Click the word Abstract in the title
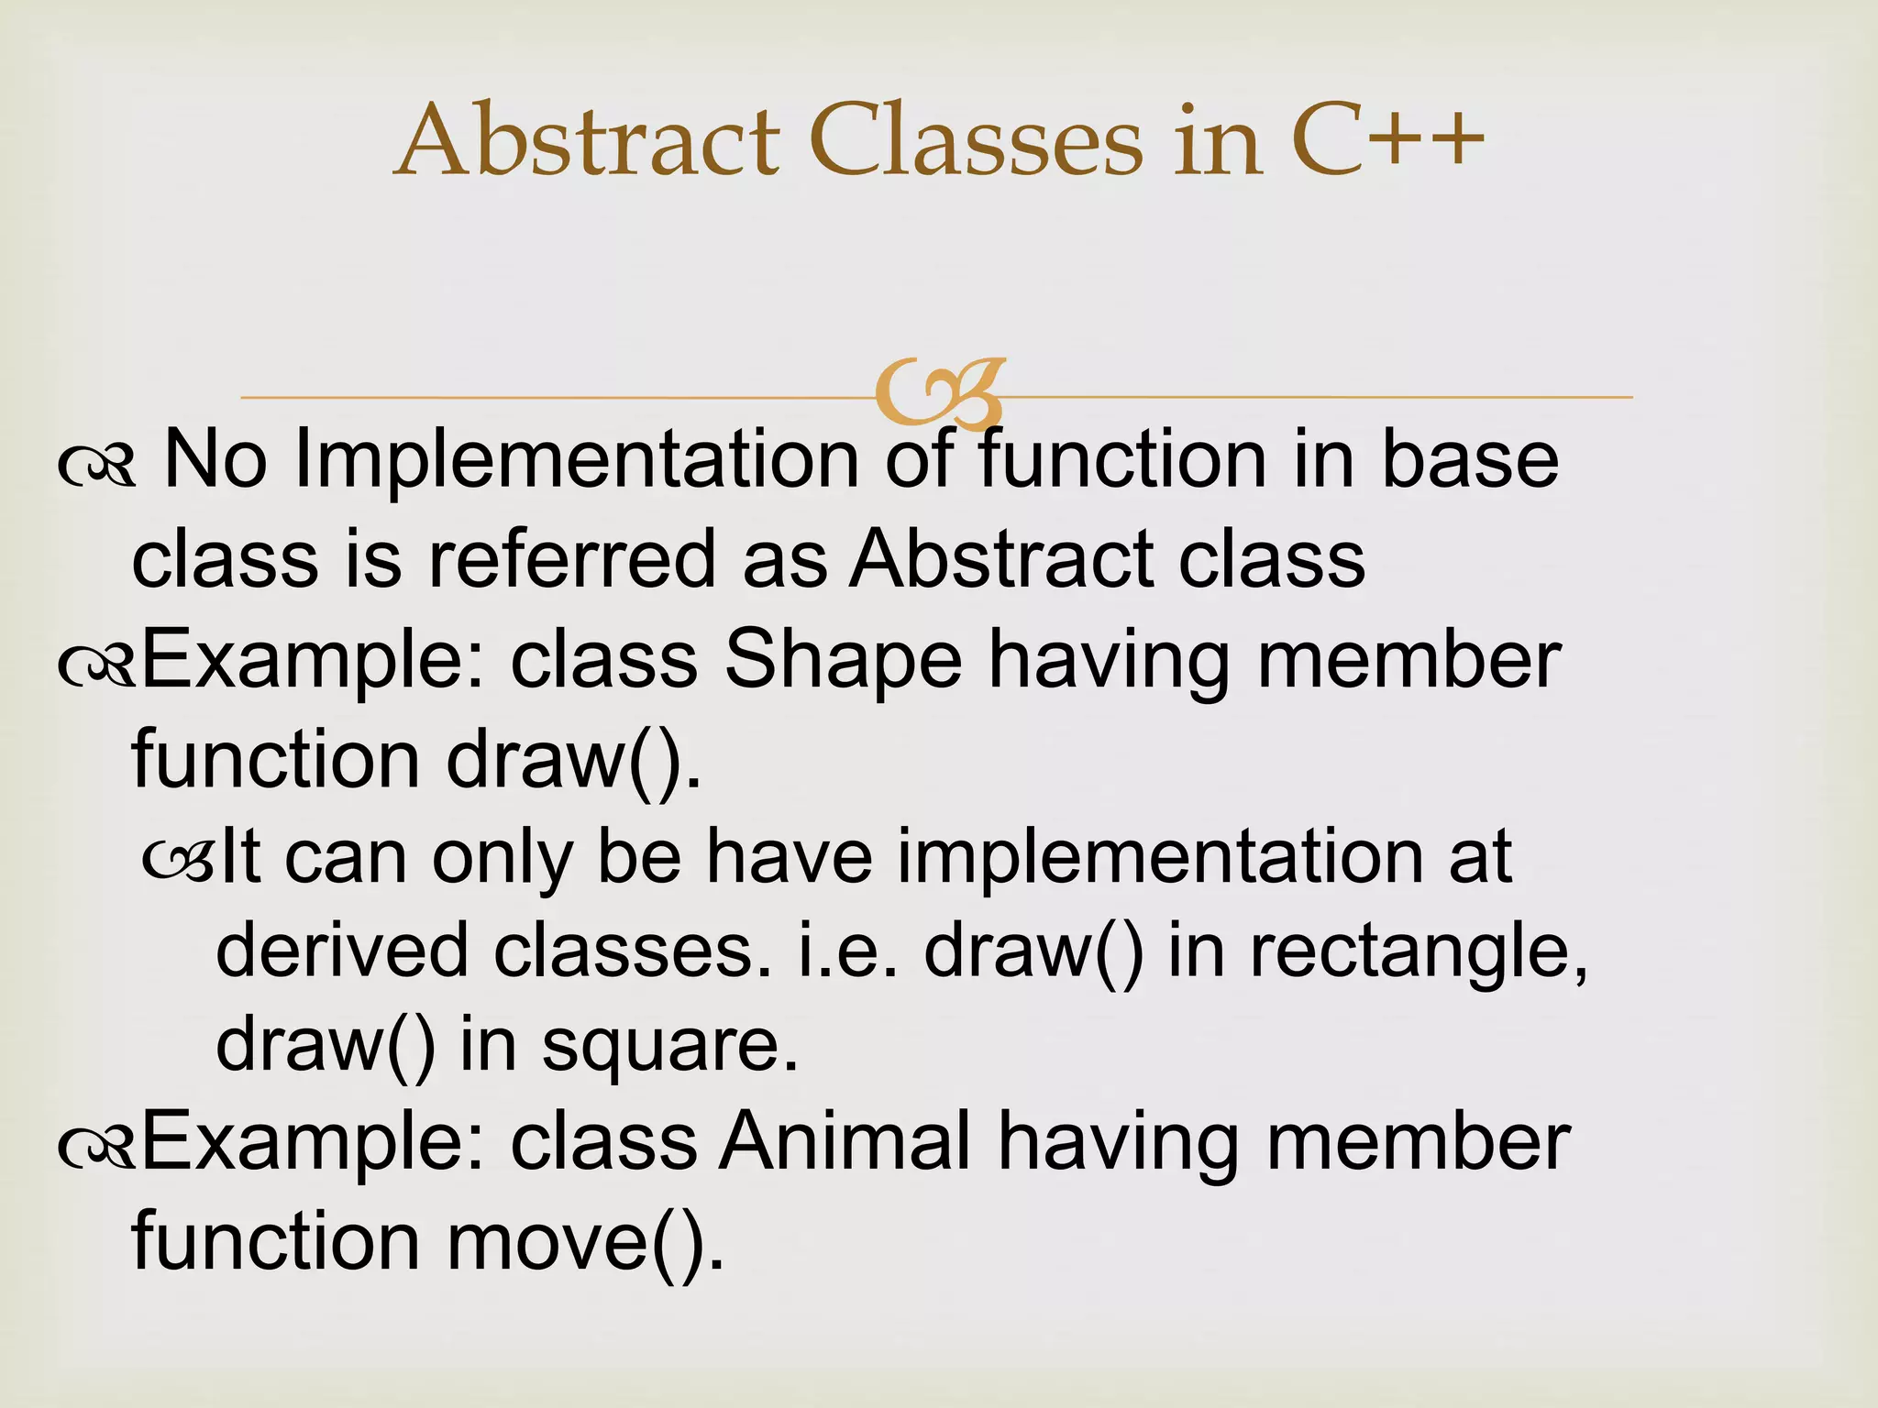587,142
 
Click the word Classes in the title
978,142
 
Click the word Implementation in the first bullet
576,459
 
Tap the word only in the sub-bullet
501,857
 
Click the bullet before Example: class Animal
96,1147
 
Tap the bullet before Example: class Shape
96,665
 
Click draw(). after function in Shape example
573,761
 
